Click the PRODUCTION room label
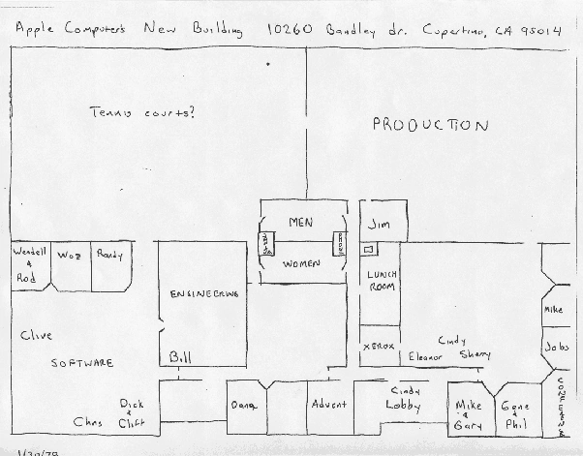click(x=430, y=126)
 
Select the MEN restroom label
click(x=301, y=223)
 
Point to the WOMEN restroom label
click(x=301, y=263)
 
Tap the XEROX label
click(x=378, y=346)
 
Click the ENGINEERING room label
click(x=203, y=293)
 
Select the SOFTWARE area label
click(x=82, y=363)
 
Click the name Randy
click(x=107, y=255)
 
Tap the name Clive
click(x=35, y=335)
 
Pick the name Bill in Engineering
click(x=181, y=356)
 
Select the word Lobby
click(x=403, y=405)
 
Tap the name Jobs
click(x=556, y=346)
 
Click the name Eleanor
click(x=425, y=355)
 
